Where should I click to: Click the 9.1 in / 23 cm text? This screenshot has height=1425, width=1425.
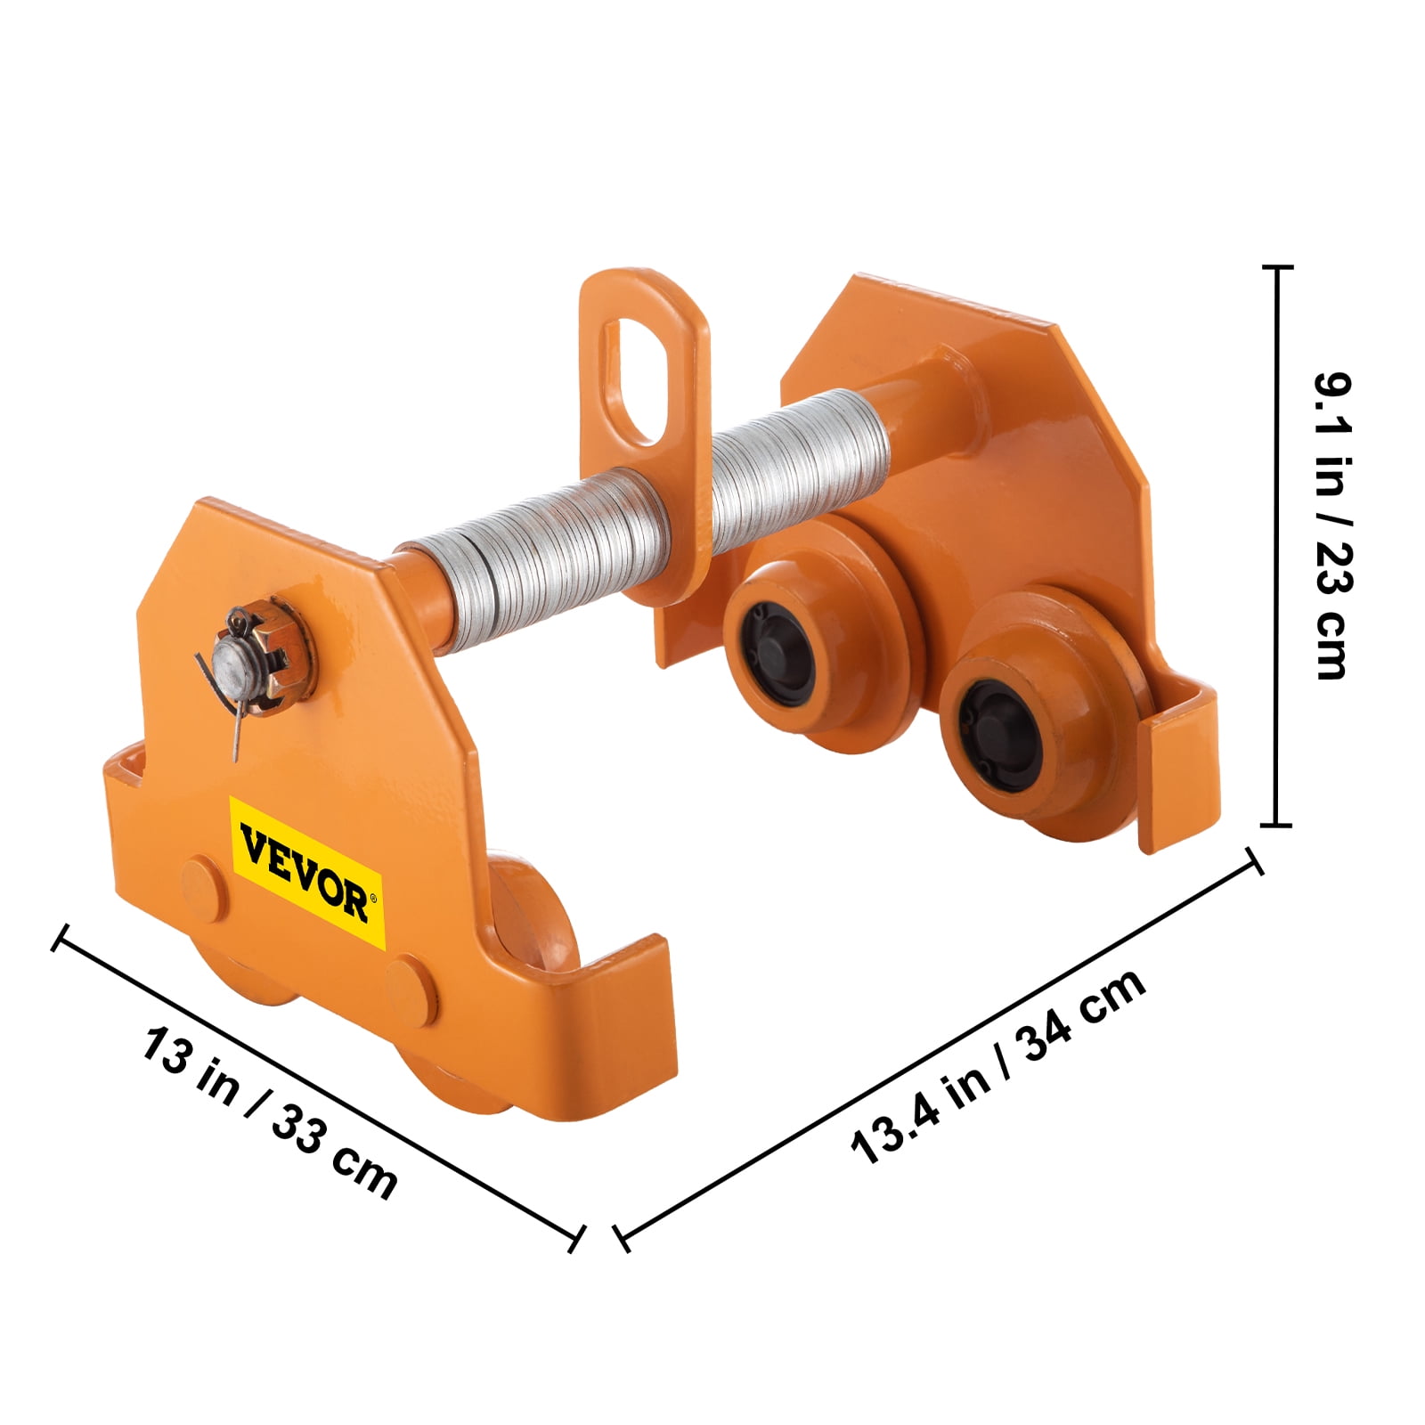click(1333, 525)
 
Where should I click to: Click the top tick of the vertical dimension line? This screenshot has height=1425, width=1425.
click(1277, 266)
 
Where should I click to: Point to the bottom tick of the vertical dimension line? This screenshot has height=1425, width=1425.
click(1277, 825)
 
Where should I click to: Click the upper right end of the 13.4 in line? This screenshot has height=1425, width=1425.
click(1254, 860)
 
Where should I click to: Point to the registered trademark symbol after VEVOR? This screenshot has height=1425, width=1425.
click(375, 898)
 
